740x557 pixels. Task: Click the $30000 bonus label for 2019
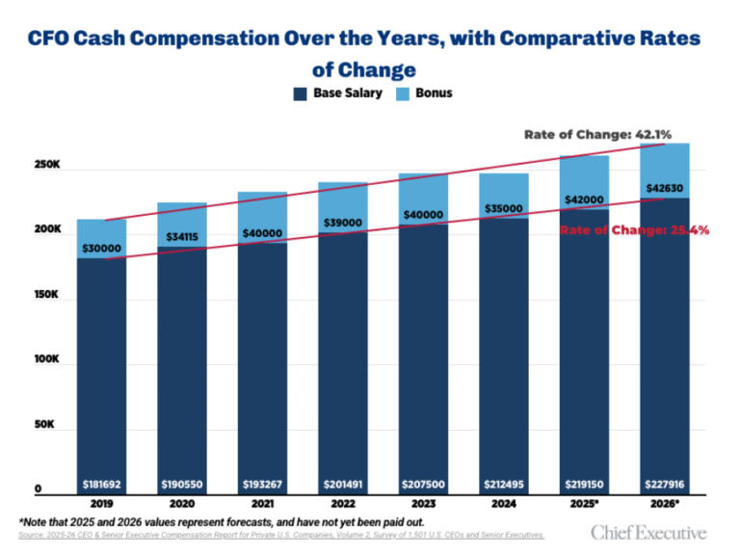[101, 248]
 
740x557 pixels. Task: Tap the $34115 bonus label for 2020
[182, 237]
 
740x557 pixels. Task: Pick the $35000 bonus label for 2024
[503, 208]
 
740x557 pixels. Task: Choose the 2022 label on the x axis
[342, 503]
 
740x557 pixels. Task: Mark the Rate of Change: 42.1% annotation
[597, 134]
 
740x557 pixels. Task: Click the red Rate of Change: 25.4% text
[635, 230]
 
